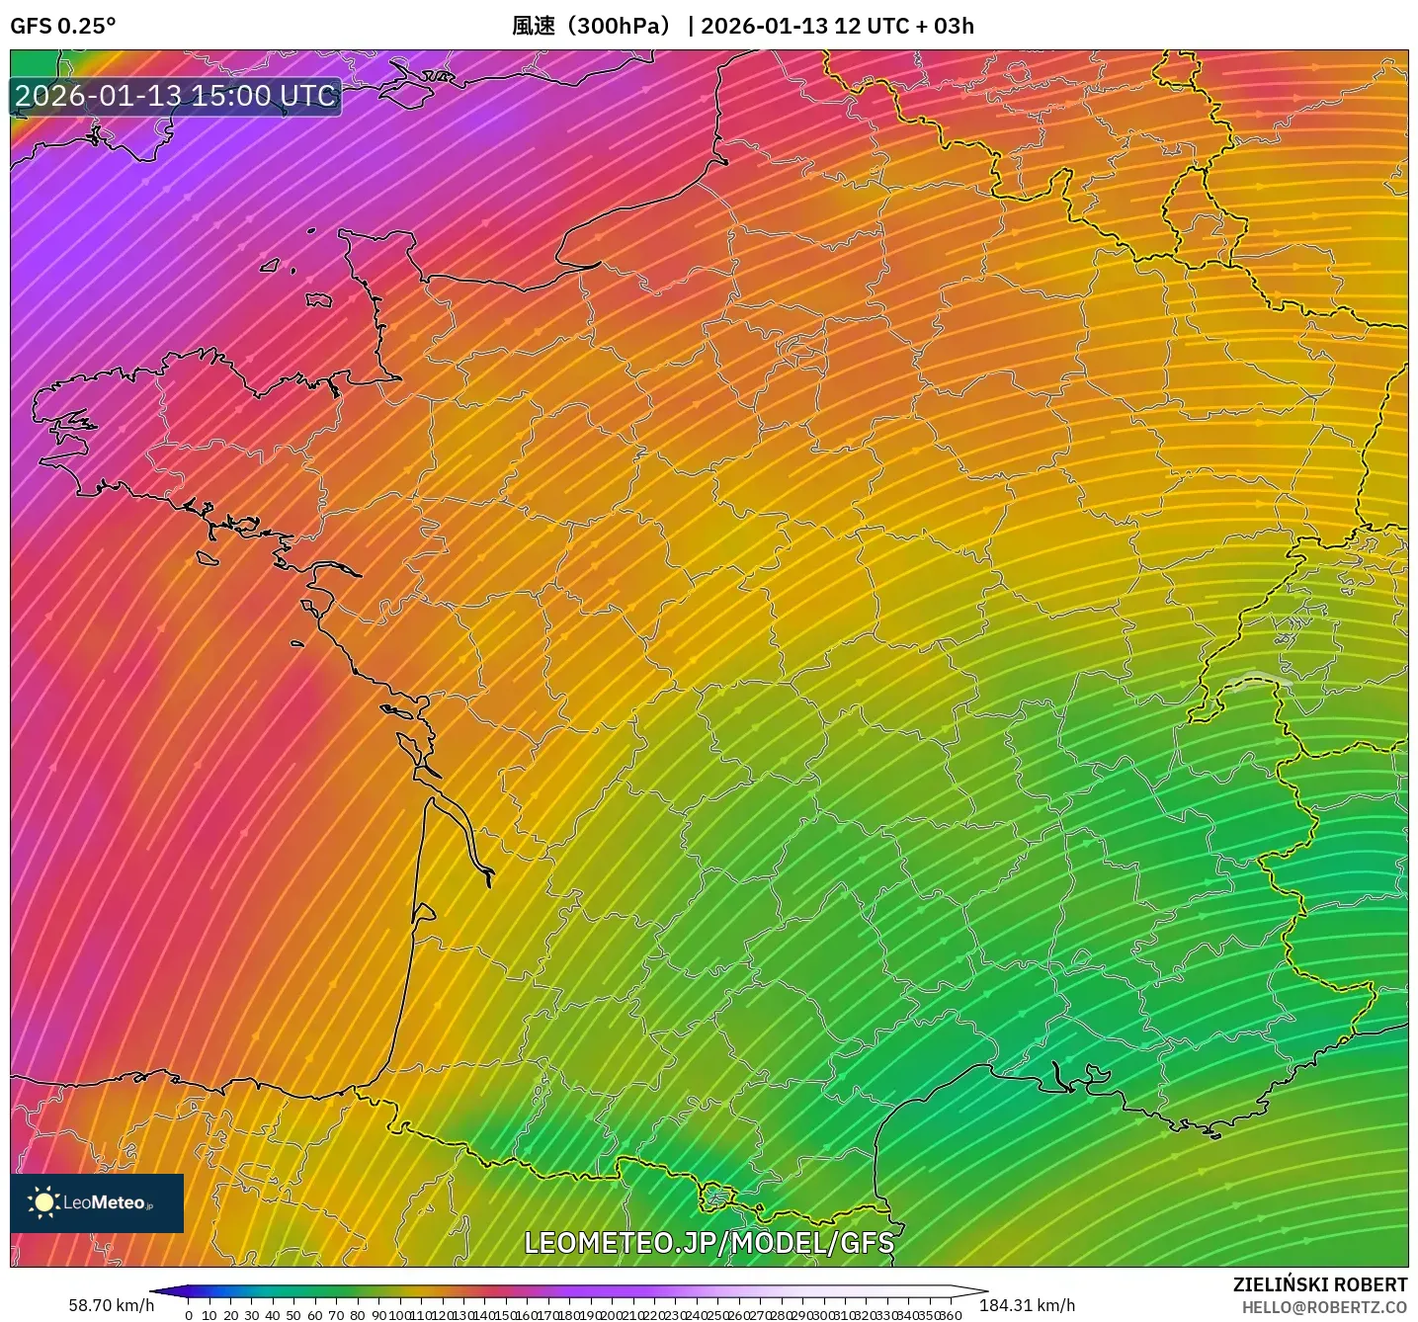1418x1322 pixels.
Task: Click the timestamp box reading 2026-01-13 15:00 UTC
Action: [176, 96]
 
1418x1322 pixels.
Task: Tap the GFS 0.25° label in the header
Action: [62, 26]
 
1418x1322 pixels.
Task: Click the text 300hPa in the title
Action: [621, 26]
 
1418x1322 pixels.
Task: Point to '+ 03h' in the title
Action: [944, 26]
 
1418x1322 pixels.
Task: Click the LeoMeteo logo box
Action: [97, 1202]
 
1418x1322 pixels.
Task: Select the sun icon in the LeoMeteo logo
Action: [43, 1202]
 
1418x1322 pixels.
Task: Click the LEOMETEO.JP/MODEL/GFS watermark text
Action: [709, 1243]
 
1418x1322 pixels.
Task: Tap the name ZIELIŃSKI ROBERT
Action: [1320, 1284]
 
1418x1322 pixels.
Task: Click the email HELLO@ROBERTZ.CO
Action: [1324, 1307]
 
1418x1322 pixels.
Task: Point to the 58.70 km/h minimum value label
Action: [111, 1305]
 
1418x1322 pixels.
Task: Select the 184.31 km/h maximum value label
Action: [1027, 1305]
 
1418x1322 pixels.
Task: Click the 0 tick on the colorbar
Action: [189, 1315]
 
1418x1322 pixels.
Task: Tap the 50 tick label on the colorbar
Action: [293, 1315]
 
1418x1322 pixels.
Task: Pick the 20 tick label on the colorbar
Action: [230, 1315]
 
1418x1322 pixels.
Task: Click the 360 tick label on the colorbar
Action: [951, 1315]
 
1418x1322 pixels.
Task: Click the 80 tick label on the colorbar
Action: [357, 1315]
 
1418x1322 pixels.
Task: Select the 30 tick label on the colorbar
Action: [251, 1315]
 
